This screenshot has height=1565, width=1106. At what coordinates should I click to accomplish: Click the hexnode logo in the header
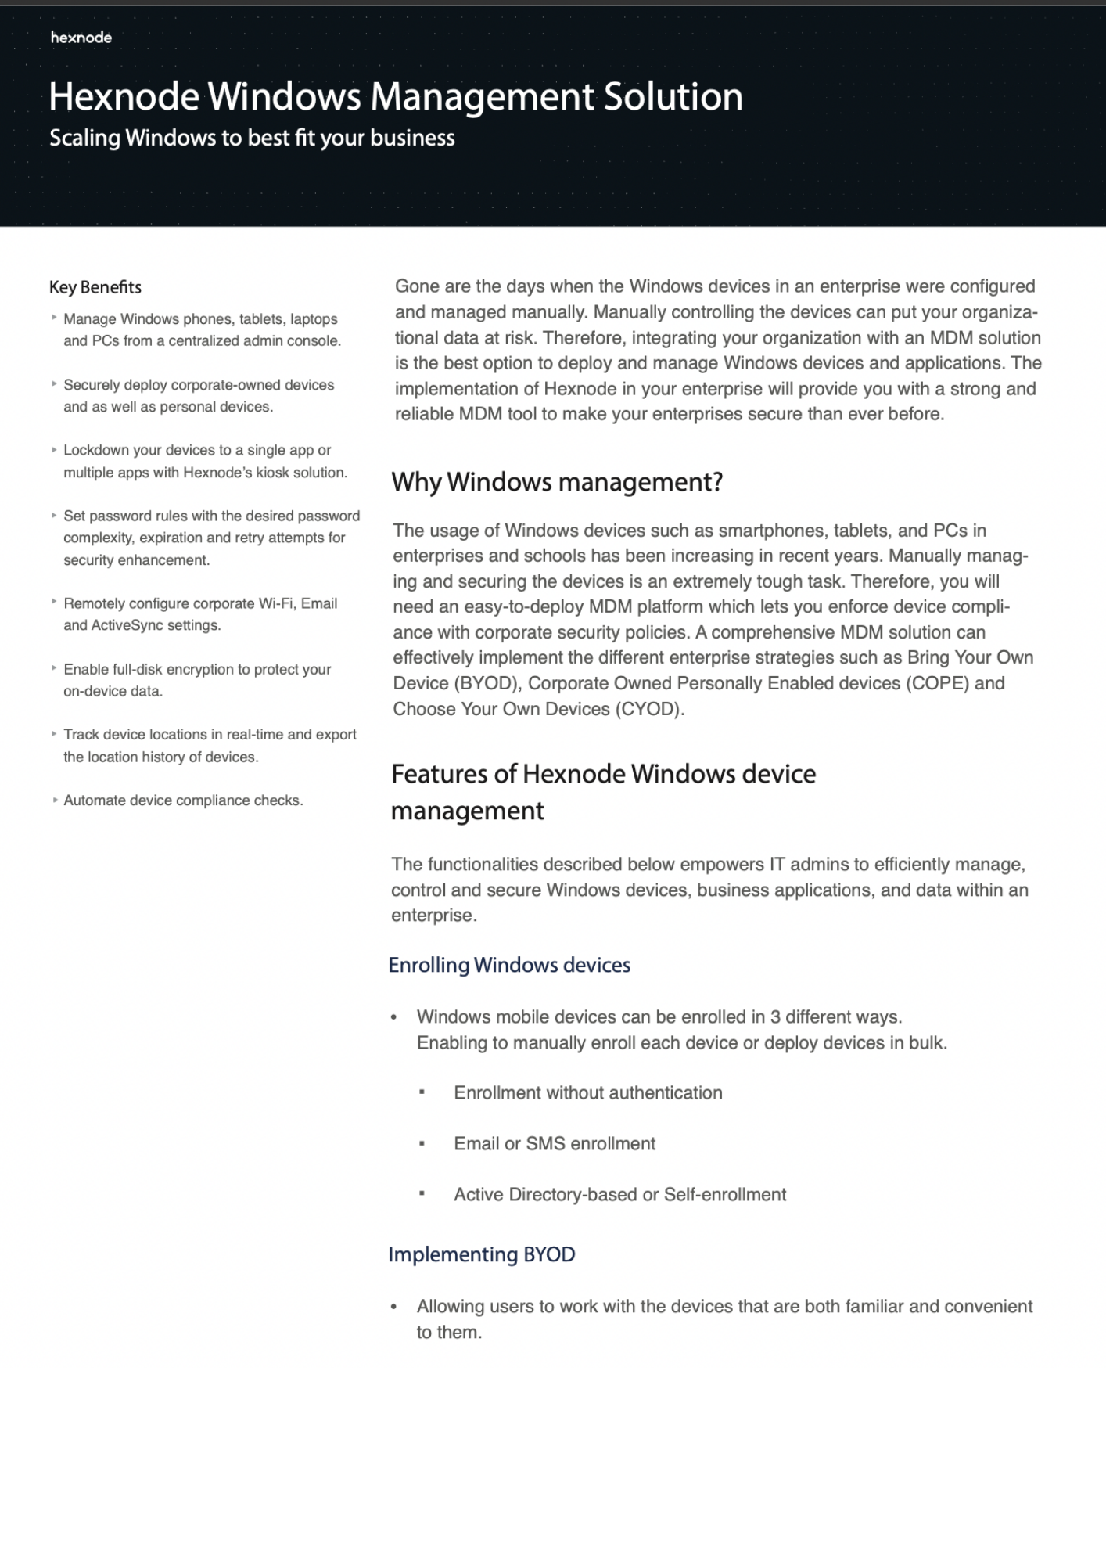81,37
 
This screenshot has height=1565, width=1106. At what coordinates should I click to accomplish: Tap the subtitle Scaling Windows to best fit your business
252,138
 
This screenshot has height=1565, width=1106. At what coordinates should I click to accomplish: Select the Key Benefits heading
95,287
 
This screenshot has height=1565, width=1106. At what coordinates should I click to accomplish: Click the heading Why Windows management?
557,482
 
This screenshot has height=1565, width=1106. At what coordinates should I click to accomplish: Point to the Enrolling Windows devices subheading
509,965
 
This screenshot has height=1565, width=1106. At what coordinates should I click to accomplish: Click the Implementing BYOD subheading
482,1254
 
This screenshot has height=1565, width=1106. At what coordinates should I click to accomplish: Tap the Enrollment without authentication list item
587,1093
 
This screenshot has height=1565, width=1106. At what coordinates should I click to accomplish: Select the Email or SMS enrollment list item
555,1144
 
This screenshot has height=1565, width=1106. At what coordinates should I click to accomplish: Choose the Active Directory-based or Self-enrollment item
619,1195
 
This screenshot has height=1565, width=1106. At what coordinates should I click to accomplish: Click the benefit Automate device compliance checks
183,800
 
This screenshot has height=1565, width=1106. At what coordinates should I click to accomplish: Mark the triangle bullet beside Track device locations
54,734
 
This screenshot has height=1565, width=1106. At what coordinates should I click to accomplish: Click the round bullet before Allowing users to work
394,1307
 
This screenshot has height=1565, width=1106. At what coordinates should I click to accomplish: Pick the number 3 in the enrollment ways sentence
774,1017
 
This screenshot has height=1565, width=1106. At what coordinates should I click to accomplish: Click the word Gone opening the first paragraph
417,286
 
